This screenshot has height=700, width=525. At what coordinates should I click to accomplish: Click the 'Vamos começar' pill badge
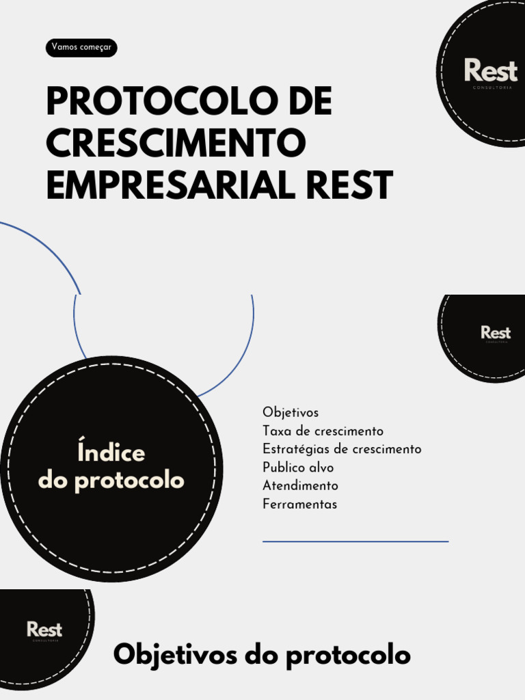[81, 48]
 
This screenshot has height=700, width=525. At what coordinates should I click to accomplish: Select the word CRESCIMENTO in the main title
[176, 143]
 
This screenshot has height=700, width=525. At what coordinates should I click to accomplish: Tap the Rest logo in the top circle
[491, 71]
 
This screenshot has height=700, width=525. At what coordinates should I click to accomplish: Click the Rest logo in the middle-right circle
[496, 333]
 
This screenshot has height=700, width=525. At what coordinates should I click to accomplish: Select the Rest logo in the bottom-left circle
[44, 630]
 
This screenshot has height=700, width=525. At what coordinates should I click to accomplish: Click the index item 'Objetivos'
[291, 413]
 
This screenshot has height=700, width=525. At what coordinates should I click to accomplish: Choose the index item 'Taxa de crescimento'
[323, 431]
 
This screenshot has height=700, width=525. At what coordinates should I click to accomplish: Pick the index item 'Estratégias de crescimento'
[342, 449]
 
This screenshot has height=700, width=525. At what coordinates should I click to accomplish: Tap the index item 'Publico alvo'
[298, 468]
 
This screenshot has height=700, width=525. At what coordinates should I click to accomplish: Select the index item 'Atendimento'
[300, 486]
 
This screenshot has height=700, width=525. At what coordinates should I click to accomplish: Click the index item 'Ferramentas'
[299, 504]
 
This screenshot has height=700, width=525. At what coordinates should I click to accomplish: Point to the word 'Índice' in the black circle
[111, 453]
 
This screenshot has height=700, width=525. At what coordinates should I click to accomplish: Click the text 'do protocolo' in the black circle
[111, 481]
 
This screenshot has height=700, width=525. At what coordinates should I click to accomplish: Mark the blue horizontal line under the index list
[355, 541]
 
